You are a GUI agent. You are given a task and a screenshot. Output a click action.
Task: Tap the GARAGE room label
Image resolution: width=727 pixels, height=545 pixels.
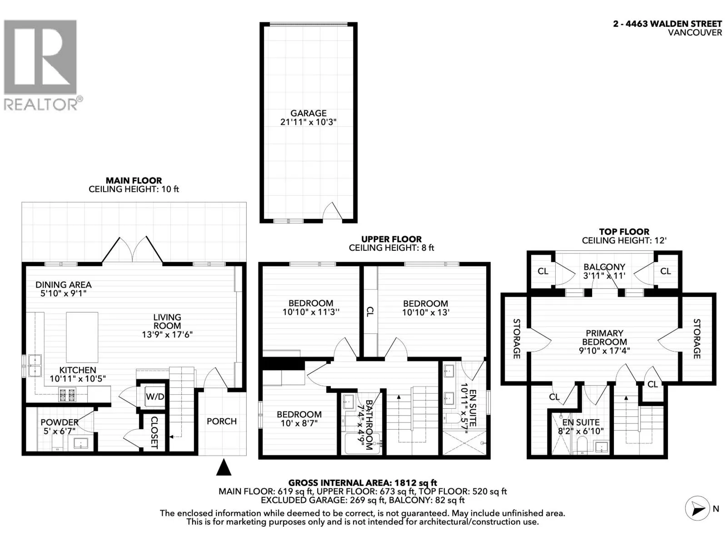(x=309, y=113)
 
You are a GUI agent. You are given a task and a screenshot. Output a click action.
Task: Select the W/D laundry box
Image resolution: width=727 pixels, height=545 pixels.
(x=154, y=396)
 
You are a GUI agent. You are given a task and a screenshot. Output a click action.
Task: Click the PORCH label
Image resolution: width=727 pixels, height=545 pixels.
(x=222, y=421)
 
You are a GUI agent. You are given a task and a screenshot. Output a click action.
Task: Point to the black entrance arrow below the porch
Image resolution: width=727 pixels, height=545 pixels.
(x=224, y=467)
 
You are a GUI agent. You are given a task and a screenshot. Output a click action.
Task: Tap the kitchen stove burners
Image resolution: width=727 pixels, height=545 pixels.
(x=67, y=395)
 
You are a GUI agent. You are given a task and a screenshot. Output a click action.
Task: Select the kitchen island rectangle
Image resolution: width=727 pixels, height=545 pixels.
(x=82, y=337)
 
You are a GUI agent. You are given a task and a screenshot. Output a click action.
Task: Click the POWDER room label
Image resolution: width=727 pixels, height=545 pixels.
(x=60, y=422)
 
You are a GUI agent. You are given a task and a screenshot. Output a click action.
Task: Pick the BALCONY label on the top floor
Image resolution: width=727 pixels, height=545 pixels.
(x=604, y=267)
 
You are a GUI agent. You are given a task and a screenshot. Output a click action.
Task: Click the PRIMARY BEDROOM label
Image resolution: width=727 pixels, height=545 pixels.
(x=604, y=337)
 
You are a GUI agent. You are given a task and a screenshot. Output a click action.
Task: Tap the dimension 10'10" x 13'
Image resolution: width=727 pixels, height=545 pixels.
(x=426, y=312)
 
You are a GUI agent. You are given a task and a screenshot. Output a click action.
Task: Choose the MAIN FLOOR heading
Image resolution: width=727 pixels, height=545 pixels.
(x=134, y=181)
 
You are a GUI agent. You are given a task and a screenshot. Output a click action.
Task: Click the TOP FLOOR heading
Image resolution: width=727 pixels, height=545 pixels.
(x=624, y=232)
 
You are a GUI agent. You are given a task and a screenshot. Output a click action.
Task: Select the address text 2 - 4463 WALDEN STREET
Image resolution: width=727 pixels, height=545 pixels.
(x=667, y=24)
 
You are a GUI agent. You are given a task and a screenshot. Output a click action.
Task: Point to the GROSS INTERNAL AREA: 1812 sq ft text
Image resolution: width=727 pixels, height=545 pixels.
(x=363, y=483)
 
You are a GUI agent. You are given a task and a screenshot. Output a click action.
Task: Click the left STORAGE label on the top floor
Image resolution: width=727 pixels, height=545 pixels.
(x=516, y=338)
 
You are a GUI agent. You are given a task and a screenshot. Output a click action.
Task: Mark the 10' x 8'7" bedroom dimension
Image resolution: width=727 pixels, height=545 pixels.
(x=299, y=423)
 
